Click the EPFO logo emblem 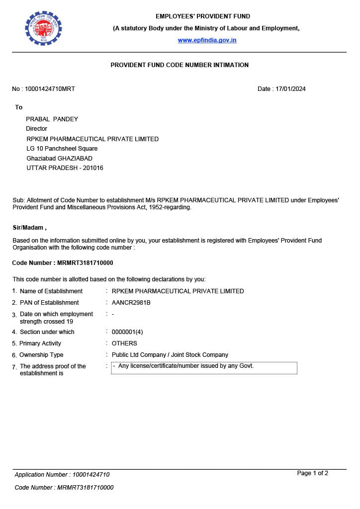pyautogui.click(x=43, y=28)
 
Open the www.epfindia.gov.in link pyautogui.click(x=207, y=40)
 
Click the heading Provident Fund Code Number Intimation pyautogui.click(x=180, y=65)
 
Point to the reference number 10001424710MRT pyautogui.click(x=50, y=89)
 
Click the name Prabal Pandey pyautogui.click(x=52, y=119)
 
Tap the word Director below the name pyautogui.click(x=36, y=129)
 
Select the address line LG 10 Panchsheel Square pyautogui.click(x=62, y=149)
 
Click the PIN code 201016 pyautogui.click(x=93, y=168)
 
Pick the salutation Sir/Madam pyautogui.click(x=29, y=228)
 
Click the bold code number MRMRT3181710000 pyautogui.click(x=82, y=263)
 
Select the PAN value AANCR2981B pyautogui.click(x=131, y=303)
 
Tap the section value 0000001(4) pyautogui.click(x=127, y=332)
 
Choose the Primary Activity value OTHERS pyautogui.click(x=124, y=343)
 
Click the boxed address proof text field pyautogui.click(x=204, y=368)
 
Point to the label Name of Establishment pyautogui.click(x=51, y=291)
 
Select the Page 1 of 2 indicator pyautogui.click(x=312, y=473)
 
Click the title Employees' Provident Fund pyautogui.click(x=203, y=16)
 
